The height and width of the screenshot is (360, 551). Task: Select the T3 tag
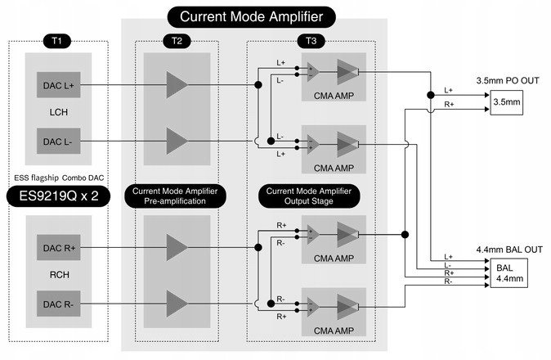(x=314, y=40)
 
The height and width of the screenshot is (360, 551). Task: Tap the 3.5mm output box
(x=505, y=104)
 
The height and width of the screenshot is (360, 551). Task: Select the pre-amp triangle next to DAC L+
(x=176, y=83)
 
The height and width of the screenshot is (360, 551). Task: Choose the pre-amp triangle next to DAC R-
(x=176, y=304)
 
